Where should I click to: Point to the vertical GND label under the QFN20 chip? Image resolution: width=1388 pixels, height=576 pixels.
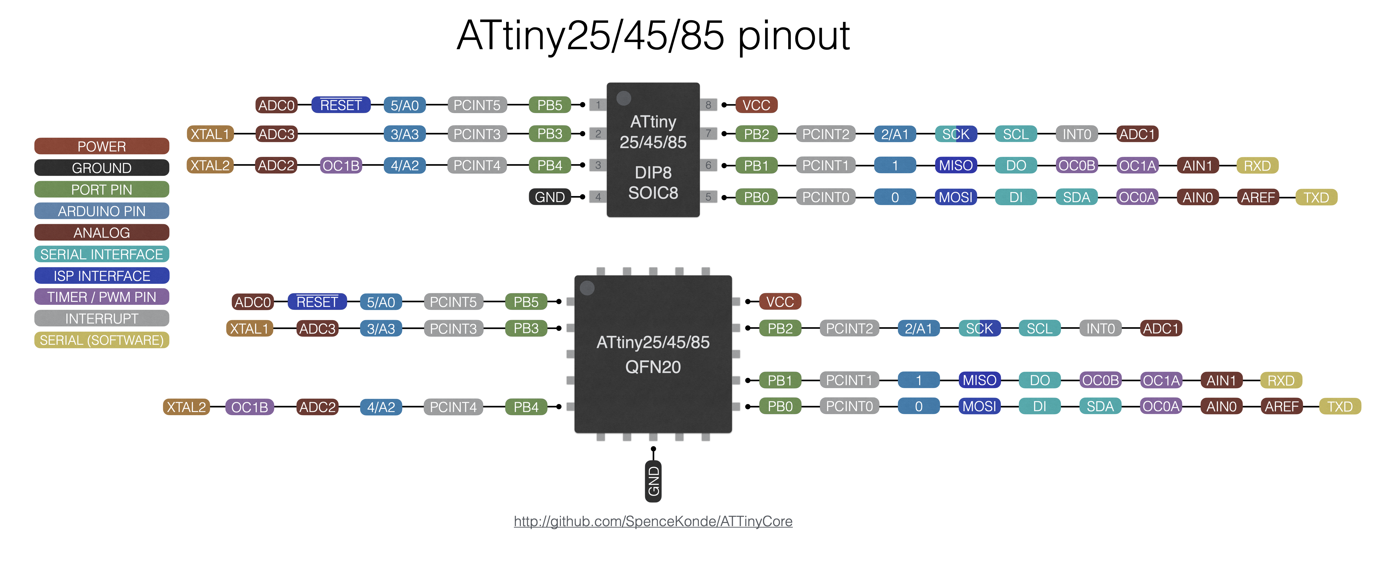[x=653, y=481]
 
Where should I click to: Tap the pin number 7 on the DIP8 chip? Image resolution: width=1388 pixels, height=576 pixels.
[x=708, y=133]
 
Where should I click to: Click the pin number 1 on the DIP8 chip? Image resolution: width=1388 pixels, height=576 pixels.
[x=598, y=105]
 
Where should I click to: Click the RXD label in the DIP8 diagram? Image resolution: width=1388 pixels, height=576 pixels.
[x=1257, y=166]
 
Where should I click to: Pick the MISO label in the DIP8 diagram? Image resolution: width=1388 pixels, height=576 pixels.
[x=955, y=166]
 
